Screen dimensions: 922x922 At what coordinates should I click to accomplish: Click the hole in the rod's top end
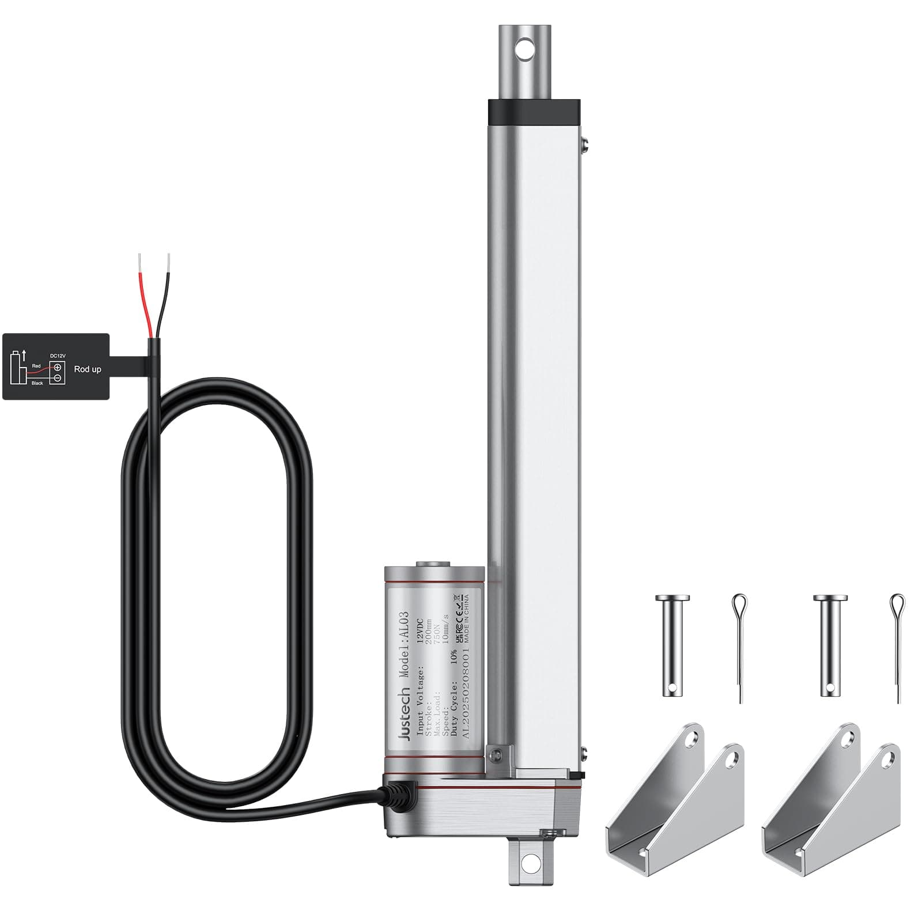click(x=525, y=50)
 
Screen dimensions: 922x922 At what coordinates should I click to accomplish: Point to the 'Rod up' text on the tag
click(x=88, y=369)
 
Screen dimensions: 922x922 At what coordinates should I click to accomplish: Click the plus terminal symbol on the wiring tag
click(x=57, y=367)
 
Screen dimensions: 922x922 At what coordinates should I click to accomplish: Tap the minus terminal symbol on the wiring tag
click(x=57, y=377)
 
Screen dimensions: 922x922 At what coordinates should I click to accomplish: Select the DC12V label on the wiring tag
click(x=58, y=356)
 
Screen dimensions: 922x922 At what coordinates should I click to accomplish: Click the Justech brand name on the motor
click(x=405, y=714)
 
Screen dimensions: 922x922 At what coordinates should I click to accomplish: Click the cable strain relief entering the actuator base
click(x=397, y=795)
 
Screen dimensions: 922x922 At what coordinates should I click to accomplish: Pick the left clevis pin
click(x=672, y=645)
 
